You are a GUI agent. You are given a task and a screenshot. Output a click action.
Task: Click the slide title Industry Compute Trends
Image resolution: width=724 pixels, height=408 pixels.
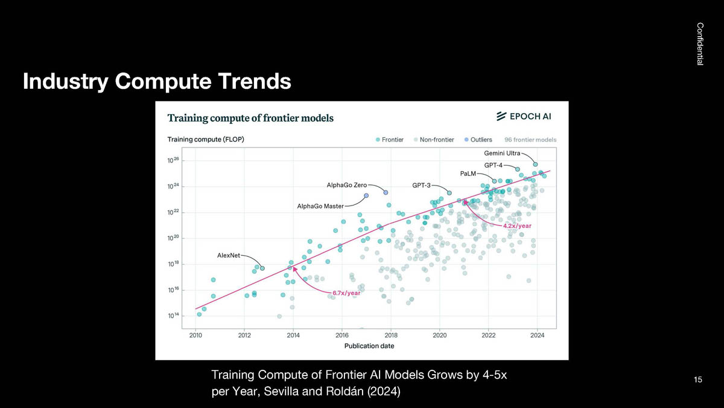[157, 81]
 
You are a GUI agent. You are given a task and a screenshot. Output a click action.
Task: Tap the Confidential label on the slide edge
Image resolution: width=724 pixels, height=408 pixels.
[700, 44]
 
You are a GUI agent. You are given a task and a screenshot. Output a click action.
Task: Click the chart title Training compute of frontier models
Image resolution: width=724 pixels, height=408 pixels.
[250, 118]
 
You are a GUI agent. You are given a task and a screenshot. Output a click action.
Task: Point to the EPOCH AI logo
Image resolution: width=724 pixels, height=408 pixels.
[523, 117]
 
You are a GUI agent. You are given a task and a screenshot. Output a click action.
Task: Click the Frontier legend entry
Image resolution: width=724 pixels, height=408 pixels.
[390, 140]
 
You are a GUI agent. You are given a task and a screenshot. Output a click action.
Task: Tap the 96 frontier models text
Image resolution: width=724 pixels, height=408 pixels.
[530, 140]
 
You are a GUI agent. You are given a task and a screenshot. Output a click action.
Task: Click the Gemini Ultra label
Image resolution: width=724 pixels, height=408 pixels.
[503, 153]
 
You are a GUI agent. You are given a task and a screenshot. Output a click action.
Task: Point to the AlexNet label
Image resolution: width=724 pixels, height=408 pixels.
[229, 255]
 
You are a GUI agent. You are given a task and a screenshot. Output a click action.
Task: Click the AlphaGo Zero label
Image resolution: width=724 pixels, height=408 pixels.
[346, 184]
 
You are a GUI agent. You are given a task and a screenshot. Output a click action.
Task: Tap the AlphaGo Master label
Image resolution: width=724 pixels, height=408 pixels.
[320, 206]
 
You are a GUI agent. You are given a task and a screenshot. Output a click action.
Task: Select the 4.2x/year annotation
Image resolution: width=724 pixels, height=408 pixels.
[517, 225]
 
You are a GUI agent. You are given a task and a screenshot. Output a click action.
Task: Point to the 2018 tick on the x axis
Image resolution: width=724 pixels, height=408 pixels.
[390, 335]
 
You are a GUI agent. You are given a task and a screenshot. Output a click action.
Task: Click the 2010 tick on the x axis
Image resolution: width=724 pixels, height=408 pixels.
[195, 335]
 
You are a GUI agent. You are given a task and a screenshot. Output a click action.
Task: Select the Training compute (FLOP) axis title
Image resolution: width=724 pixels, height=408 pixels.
[205, 140]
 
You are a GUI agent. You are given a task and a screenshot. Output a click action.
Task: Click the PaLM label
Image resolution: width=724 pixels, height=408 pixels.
[468, 173]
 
